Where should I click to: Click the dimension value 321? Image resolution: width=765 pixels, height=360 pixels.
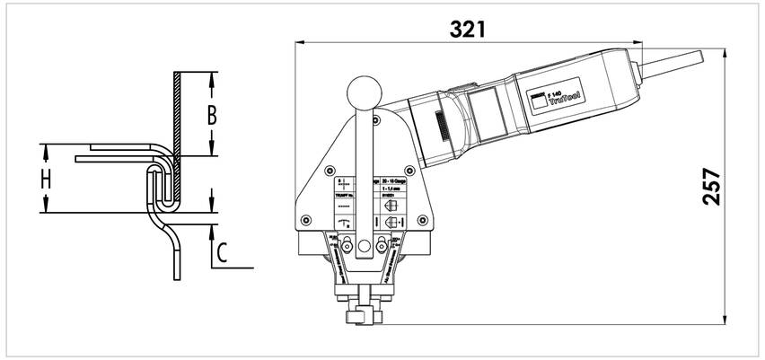(x=469, y=29)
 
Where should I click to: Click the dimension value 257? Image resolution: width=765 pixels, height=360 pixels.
(x=712, y=187)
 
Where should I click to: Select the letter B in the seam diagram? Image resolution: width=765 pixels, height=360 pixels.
(x=212, y=115)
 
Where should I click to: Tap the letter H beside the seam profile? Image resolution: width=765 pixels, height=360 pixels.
(x=45, y=178)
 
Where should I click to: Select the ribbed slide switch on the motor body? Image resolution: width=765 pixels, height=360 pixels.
(x=441, y=125)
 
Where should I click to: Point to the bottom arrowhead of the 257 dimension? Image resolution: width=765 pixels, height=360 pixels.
(x=724, y=319)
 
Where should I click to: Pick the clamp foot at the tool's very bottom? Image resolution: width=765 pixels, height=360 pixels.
(x=361, y=316)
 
